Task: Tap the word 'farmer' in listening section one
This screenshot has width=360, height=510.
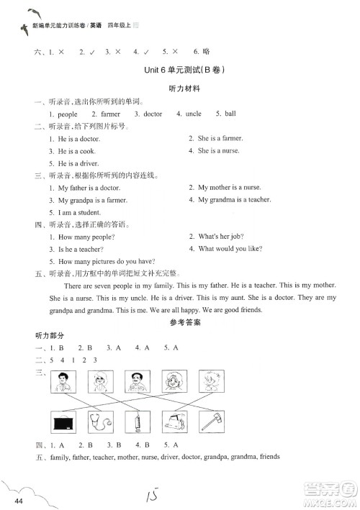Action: point(110,114)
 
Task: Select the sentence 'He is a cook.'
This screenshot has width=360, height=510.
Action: point(76,151)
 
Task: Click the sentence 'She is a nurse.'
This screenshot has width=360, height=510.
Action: point(219,151)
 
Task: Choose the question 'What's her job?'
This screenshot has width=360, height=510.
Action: point(217,237)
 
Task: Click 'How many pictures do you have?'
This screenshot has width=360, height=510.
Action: point(107,261)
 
